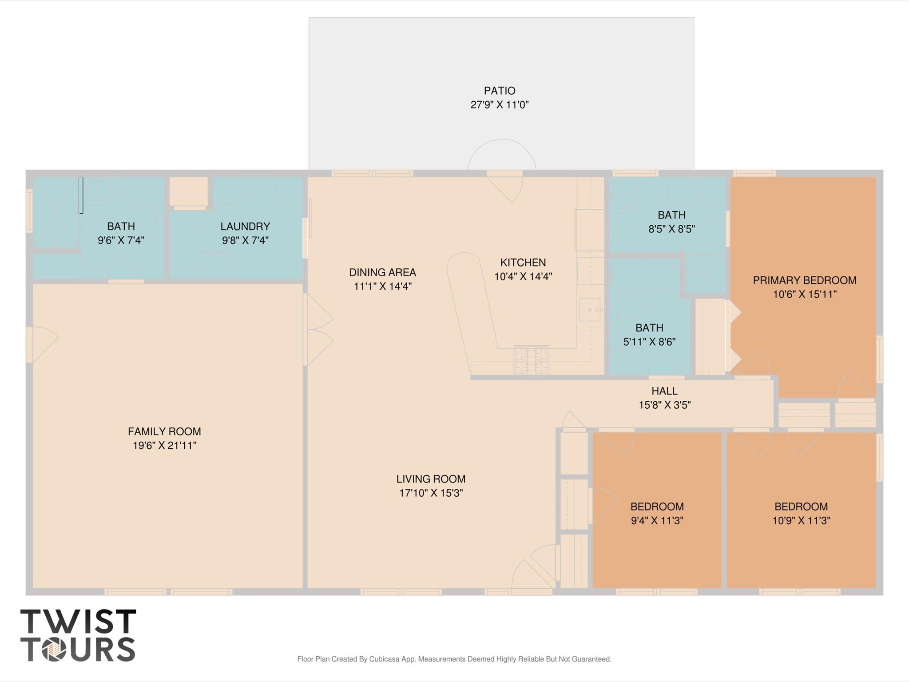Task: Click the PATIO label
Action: click(499, 91)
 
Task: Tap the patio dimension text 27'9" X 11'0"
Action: click(499, 105)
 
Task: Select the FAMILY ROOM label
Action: click(164, 431)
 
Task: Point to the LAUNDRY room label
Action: click(245, 226)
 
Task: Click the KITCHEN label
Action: click(523, 262)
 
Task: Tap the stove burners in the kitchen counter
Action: click(531, 359)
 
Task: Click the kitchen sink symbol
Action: click(590, 309)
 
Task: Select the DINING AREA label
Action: click(382, 272)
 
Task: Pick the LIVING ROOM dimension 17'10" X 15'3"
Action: click(431, 493)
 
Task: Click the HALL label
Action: click(664, 391)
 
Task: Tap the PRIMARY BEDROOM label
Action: click(804, 280)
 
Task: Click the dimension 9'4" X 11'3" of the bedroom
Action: click(657, 520)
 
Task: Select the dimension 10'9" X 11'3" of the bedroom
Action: click(801, 520)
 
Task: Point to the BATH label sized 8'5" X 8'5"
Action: click(671, 215)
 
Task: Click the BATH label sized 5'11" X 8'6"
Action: click(649, 328)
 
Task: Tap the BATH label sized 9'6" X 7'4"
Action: click(121, 226)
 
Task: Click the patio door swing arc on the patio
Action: click(501, 151)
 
